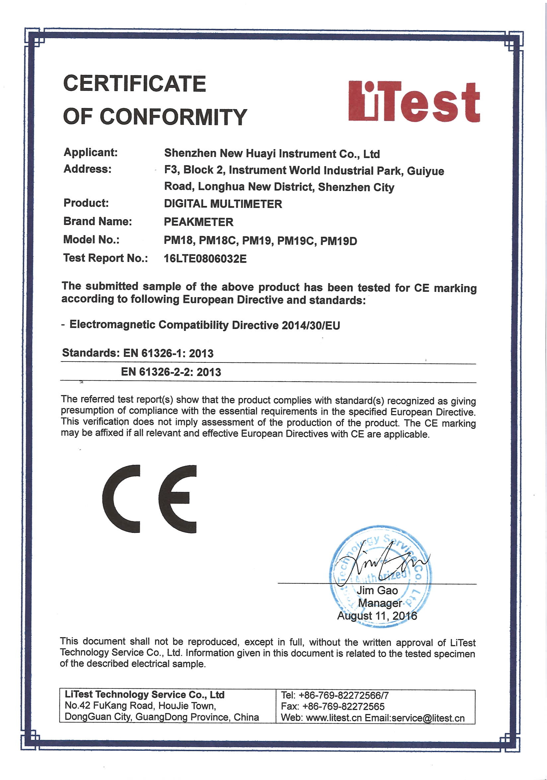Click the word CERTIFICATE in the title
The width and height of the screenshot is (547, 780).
click(135, 84)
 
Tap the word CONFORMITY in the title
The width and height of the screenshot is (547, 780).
click(173, 117)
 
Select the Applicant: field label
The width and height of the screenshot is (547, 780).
click(90, 152)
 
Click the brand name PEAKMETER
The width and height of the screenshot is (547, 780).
click(198, 222)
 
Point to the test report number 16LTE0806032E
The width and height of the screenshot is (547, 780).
click(205, 259)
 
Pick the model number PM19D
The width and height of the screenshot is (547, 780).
click(339, 241)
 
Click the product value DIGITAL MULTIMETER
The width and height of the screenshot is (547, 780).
click(223, 204)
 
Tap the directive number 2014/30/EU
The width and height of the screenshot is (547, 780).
click(311, 325)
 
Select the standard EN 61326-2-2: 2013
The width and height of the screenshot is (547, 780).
click(171, 372)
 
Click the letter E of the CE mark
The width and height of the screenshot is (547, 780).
click(178, 498)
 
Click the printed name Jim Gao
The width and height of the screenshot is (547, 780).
click(377, 590)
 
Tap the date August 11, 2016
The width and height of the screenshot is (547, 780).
click(377, 616)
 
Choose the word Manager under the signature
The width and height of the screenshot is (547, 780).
click(380, 603)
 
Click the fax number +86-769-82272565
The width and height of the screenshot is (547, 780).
click(343, 707)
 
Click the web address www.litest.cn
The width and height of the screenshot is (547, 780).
click(334, 718)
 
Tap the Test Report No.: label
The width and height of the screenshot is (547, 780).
click(106, 258)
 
